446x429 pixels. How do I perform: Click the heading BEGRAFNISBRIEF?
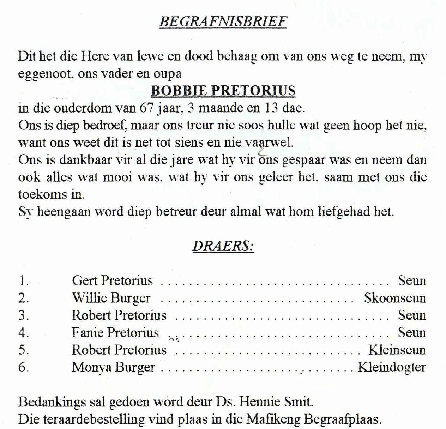pos(223,22)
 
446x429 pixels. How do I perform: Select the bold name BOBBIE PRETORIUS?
pos(223,91)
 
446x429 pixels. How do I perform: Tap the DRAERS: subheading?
pos(223,246)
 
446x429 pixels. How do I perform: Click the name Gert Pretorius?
pos(112,281)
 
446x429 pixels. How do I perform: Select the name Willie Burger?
pos(111,298)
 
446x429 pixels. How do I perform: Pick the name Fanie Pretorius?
pos(115,333)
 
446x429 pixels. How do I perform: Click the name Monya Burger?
pos(113,367)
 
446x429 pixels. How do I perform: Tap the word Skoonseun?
pos(395,298)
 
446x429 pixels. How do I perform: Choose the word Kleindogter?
pos(392,367)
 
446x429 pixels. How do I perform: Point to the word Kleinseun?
pos(397,350)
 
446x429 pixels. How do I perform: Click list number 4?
pos(23,333)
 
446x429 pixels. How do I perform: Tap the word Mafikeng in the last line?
pos(273,419)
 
